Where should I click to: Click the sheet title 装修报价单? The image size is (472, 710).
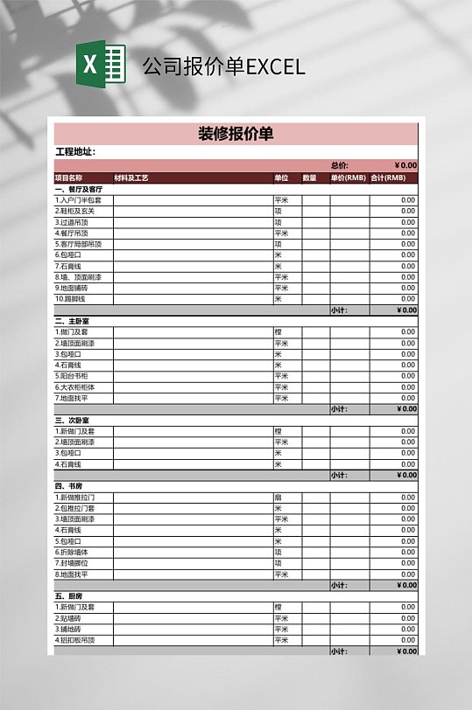(236, 134)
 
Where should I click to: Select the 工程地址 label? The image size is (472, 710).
(74, 152)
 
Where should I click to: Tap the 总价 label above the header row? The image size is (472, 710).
(339, 165)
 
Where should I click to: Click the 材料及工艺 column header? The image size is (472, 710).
(131, 177)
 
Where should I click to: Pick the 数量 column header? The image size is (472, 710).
(309, 177)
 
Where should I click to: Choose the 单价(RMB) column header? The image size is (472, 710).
(348, 177)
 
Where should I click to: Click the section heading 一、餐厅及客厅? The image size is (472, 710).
(79, 189)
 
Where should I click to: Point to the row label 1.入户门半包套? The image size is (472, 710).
(78, 200)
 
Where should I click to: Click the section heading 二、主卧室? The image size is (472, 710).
(73, 321)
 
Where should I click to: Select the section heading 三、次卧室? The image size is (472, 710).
(73, 421)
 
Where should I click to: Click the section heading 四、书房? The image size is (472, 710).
(69, 486)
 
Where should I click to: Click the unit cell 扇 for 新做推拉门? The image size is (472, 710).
(278, 498)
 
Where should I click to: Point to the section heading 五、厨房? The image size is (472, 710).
(69, 596)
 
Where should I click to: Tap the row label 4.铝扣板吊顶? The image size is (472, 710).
(76, 640)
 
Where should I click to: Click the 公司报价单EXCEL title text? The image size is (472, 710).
(223, 66)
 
